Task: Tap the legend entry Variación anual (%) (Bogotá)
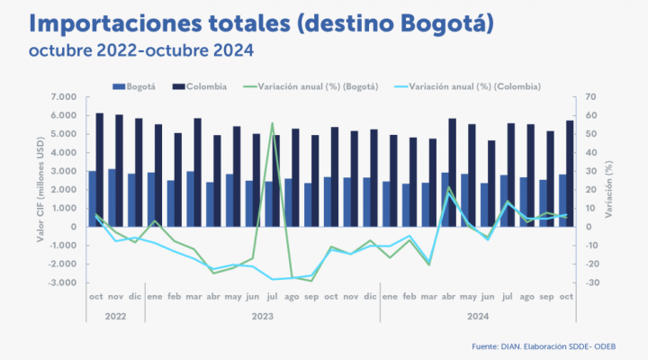point(317,86)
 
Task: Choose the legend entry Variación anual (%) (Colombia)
point(472,86)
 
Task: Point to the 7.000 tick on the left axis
point(65,96)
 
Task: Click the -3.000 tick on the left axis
point(63,283)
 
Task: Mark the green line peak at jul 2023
point(272,123)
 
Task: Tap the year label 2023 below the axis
point(262,317)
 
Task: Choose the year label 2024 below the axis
point(477,317)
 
